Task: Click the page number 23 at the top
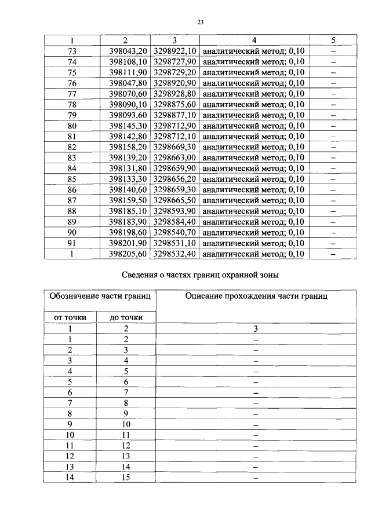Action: point(200,22)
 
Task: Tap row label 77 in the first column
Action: point(72,93)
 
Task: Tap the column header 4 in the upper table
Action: point(254,40)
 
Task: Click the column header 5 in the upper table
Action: point(333,40)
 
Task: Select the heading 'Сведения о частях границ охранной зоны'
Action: point(200,276)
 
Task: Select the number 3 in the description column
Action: point(255,328)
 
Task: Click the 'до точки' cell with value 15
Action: point(126,477)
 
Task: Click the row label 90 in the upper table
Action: point(72,232)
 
